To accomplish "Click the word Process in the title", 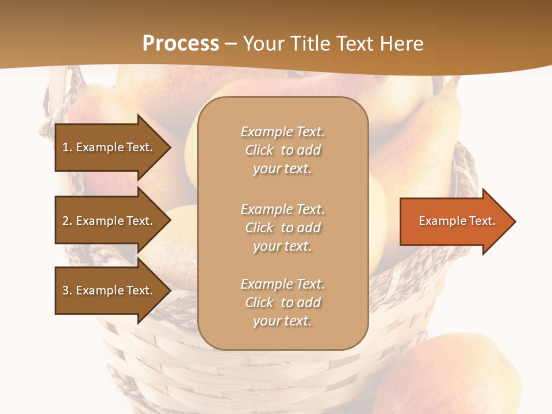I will tap(181, 44).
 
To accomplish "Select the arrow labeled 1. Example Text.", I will tap(109, 147).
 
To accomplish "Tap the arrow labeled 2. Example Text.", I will tap(109, 221).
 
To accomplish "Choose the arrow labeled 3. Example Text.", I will tap(109, 290).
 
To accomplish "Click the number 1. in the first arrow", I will tap(67, 147).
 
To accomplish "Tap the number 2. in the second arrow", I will tap(67, 221).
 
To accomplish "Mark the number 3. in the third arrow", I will tap(67, 290).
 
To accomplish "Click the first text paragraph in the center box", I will tap(282, 150).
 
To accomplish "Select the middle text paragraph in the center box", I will tap(282, 228).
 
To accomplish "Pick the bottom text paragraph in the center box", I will tap(282, 302).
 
